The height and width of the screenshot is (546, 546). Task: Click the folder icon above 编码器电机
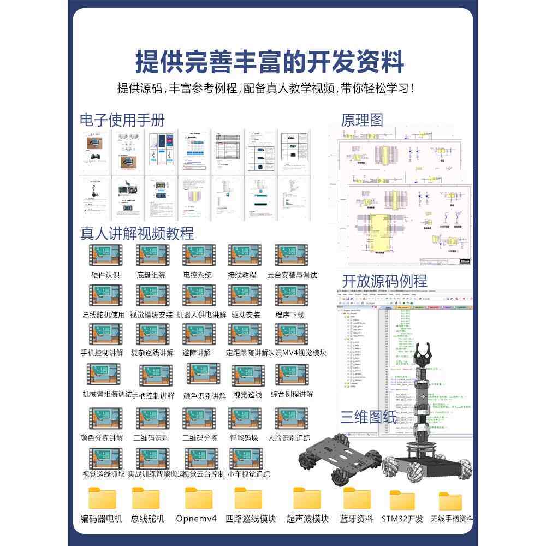(102, 498)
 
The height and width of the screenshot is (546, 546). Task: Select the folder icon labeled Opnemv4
(198, 498)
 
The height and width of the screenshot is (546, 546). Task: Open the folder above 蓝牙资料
(357, 498)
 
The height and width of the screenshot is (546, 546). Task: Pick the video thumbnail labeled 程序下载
(291, 295)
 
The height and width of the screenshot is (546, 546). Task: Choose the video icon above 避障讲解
(198, 334)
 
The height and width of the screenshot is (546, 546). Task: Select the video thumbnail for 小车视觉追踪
(245, 458)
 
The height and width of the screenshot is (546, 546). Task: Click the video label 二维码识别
(151, 438)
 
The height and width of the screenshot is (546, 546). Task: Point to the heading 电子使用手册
(122, 120)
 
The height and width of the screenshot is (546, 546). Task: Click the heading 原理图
(362, 120)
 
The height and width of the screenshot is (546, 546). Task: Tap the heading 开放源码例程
(384, 281)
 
